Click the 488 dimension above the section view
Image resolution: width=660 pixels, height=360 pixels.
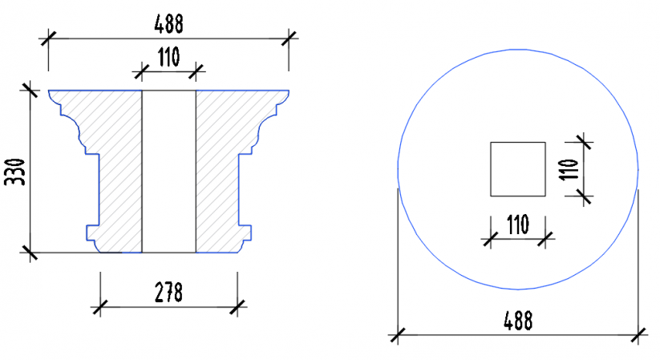click(168, 24)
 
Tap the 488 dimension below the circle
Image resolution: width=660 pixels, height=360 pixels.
click(518, 321)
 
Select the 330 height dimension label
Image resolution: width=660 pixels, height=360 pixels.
click(15, 172)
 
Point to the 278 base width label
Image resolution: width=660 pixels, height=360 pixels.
click(168, 293)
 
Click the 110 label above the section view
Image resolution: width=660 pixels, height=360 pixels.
click(168, 57)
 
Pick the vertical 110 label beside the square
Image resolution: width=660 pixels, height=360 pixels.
click(569, 169)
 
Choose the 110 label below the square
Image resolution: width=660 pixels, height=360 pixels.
click(518, 224)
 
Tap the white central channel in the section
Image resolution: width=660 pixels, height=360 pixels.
click(168, 172)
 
